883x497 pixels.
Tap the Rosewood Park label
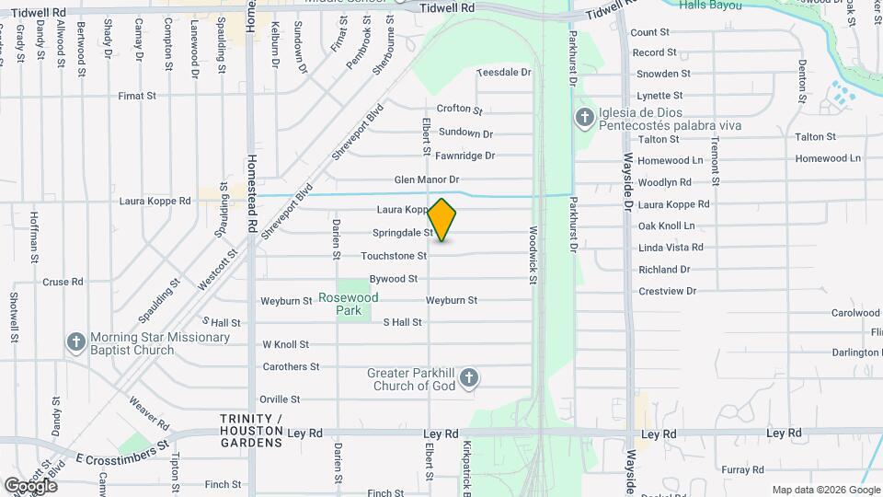(348, 305)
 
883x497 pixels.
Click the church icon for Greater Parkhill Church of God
(469, 377)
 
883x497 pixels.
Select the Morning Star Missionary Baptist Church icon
(77, 341)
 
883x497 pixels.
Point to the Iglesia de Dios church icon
(583, 118)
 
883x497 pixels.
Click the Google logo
(30, 485)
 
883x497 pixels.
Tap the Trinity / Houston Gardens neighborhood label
(251, 431)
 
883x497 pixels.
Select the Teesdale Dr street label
(504, 72)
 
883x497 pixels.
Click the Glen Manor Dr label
(426, 179)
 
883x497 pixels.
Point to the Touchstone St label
(394, 256)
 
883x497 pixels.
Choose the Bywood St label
(394, 279)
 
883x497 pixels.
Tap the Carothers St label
(290, 366)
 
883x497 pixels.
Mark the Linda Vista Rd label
(671, 248)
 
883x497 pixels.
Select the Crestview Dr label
(668, 291)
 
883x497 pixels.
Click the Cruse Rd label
(63, 283)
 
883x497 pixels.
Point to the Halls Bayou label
(712, 5)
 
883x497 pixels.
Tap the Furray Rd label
(743, 470)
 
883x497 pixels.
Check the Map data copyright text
(825, 490)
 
